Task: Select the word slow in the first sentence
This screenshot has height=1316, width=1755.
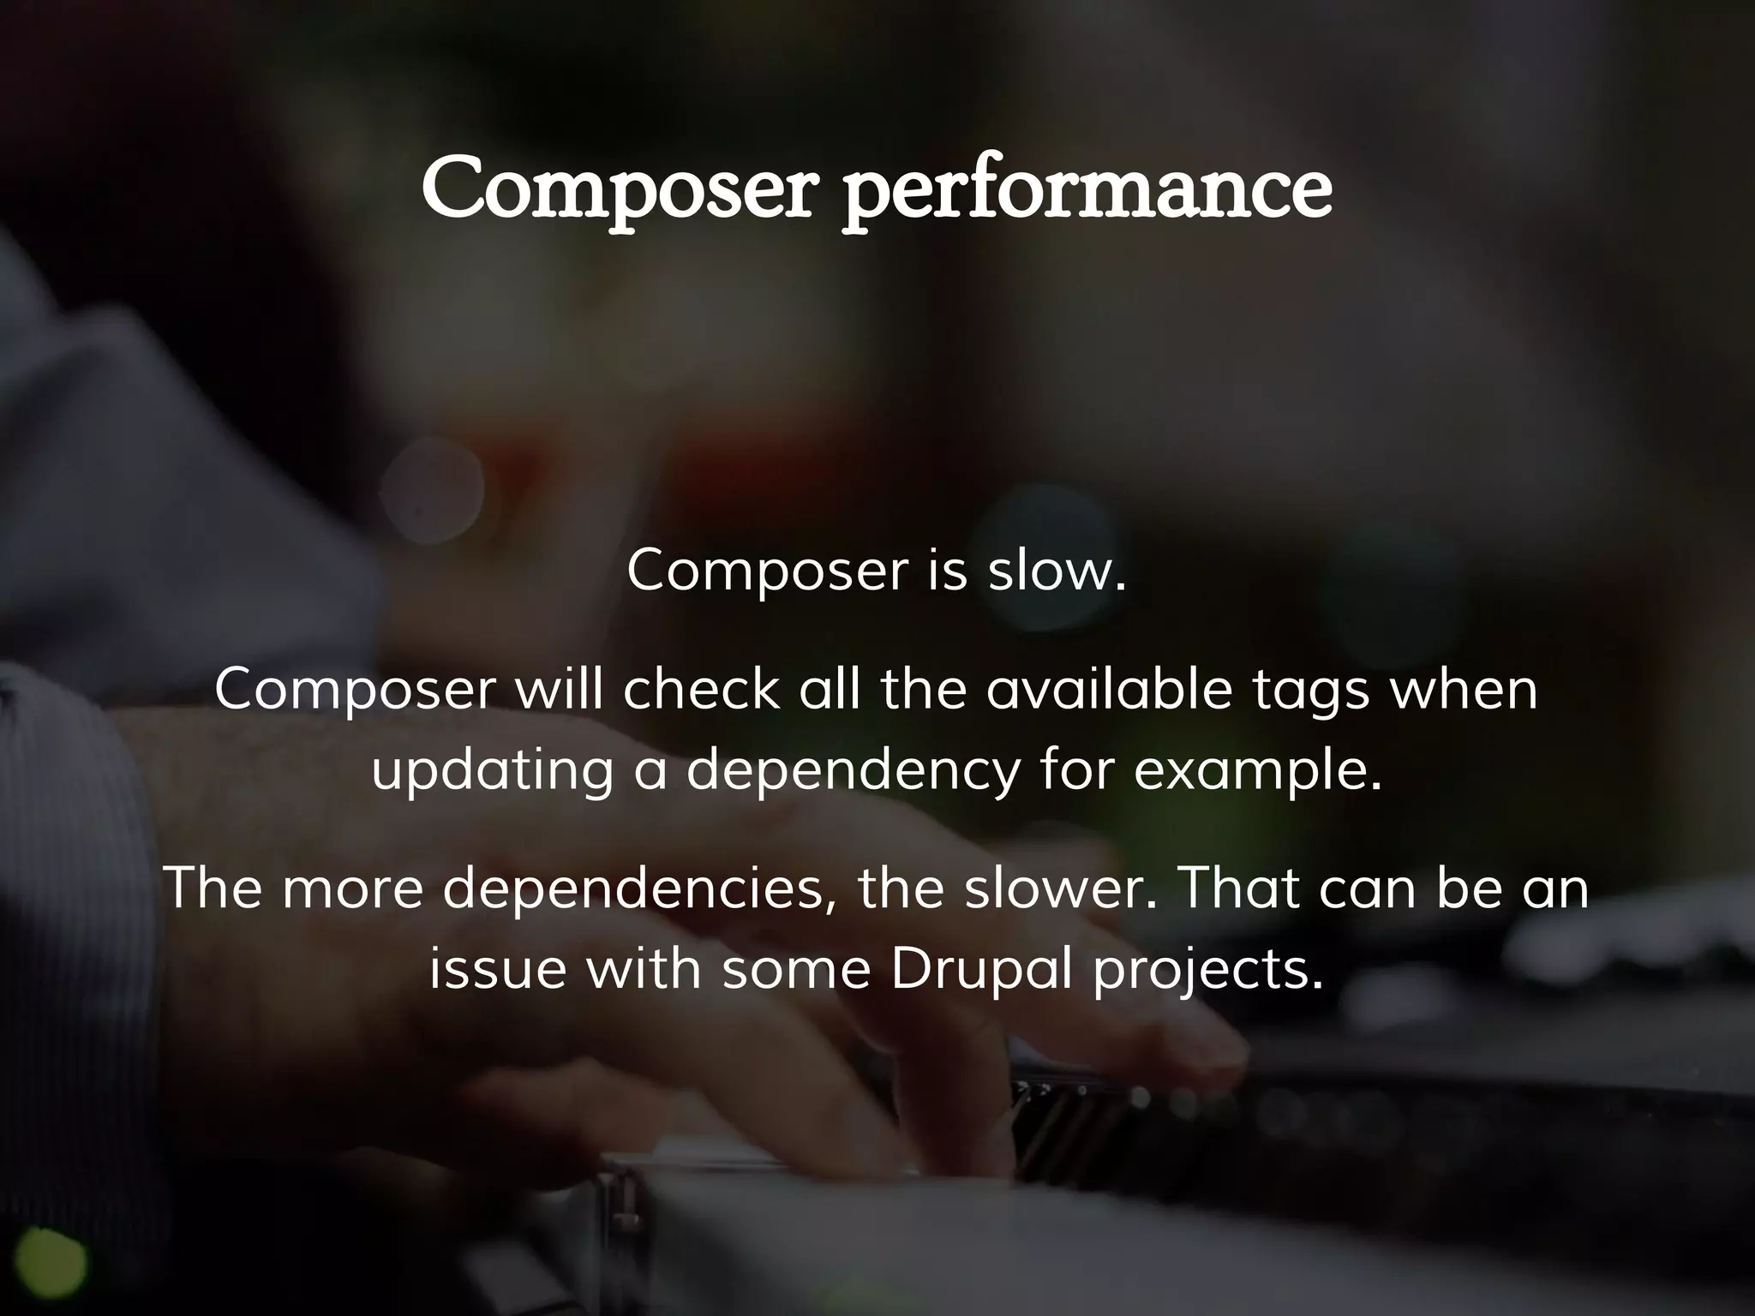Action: (x=1057, y=570)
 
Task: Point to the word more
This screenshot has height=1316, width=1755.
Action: (x=353, y=888)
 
